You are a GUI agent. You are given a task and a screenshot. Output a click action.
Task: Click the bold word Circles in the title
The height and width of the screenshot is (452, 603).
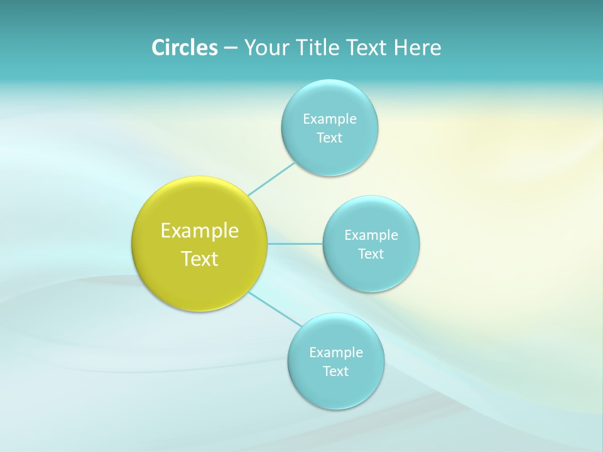click(184, 48)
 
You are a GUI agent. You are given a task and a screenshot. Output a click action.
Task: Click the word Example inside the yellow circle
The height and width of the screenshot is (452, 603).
click(199, 231)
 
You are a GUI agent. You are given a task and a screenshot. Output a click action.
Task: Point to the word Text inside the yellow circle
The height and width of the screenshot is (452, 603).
click(199, 259)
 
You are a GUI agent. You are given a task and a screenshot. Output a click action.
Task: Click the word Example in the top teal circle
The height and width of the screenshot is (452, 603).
click(329, 119)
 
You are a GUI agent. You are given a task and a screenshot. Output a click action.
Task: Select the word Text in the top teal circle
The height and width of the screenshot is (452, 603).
click(329, 138)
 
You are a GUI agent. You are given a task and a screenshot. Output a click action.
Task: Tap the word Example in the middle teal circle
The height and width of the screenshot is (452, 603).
click(371, 235)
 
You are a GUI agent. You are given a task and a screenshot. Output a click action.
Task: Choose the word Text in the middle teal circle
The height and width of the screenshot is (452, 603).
click(371, 254)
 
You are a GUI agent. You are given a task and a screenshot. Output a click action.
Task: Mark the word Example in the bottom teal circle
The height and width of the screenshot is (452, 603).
click(335, 353)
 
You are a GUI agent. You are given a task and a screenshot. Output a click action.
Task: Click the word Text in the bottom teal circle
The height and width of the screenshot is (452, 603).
click(335, 372)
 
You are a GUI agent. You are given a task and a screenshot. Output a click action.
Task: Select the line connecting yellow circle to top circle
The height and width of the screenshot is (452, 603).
click(271, 179)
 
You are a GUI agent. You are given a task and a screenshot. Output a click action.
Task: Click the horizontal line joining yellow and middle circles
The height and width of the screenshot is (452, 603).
click(295, 244)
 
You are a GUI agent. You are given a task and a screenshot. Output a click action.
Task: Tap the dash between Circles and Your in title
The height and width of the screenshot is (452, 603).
click(230, 48)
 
